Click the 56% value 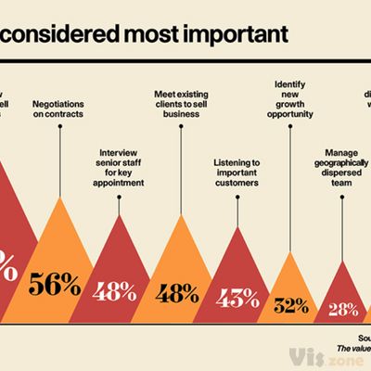(x=55, y=285)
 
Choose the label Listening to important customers (x=237, y=173)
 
